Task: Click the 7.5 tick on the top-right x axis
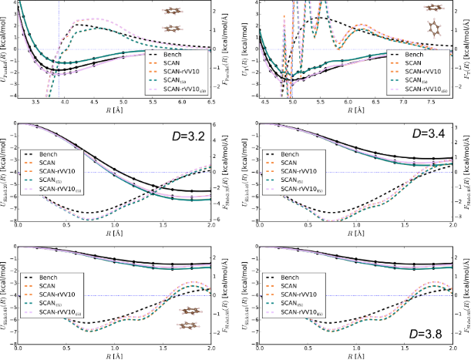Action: [x=433, y=103]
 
